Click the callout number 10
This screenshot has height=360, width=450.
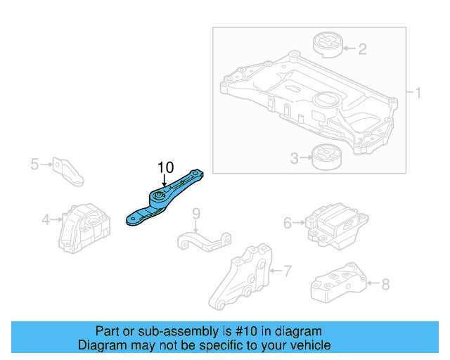pyautogui.click(x=165, y=167)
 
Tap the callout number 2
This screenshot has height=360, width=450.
pyautogui.click(x=362, y=49)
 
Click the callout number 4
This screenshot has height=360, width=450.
pyautogui.click(x=46, y=219)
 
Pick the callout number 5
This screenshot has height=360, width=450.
pyautogui.click(x=34, y=165)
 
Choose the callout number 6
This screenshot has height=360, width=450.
pyautogui.click(x=288, y=223)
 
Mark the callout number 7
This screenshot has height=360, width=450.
pyautogui.click(x=286, y=269)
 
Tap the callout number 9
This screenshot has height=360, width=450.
pyautogui.click(x=196, y=212)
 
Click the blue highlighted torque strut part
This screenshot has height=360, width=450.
pyautogui.click(x=163, y=200)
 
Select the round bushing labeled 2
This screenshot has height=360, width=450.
pyautogui.click(x=326, y=44)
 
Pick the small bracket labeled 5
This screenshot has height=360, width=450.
pyautogui.click(x=68, y=171)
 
